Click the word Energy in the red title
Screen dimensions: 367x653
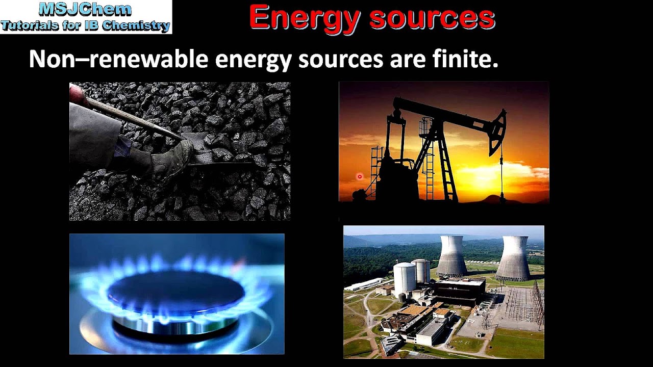click(305, 18)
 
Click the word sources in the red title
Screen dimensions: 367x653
click(432, 18)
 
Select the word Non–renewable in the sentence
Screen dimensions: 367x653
click(118, 60)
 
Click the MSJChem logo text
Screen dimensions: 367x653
click(85, 9)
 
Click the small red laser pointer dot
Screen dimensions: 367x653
click(360, 177)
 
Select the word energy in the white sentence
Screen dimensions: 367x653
click(253, 60)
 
